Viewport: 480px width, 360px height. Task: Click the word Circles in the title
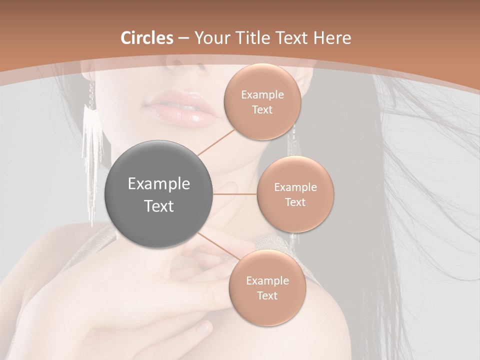146,37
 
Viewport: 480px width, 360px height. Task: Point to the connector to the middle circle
235,194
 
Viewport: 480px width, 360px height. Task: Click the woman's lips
180,106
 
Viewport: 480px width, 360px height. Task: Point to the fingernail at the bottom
203,327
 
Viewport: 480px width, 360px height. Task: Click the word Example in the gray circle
159,184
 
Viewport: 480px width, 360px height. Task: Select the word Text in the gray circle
159,206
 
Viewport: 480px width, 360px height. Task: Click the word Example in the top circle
262,95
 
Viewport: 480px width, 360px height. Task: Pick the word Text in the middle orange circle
295,202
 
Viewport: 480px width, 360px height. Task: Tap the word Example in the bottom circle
267,281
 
